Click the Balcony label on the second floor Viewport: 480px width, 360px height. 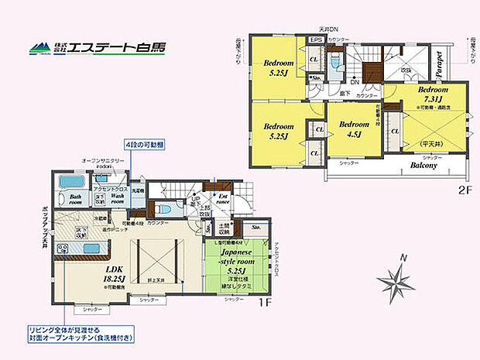tap(423, 165)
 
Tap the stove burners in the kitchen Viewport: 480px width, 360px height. tap(62, 249)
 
